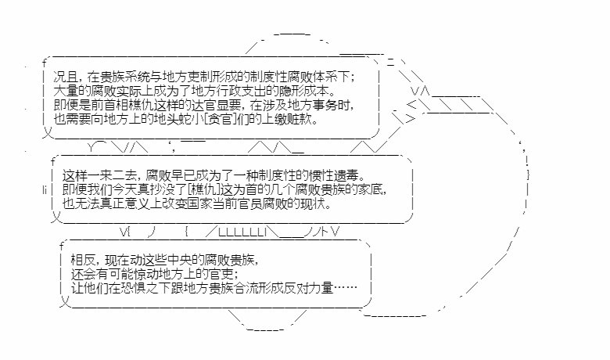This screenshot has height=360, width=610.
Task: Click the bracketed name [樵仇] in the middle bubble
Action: tap(204, 189)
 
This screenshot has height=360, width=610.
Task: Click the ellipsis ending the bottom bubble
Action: tap(345, 288)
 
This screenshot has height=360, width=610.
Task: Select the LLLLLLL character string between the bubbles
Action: tap(242, 232)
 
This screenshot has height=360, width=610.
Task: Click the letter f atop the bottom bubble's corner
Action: tap(62, 246)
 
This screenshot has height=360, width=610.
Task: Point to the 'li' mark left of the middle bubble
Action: tap(45, 189)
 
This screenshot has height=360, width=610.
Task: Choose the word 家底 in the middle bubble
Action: tap(373, 189)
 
